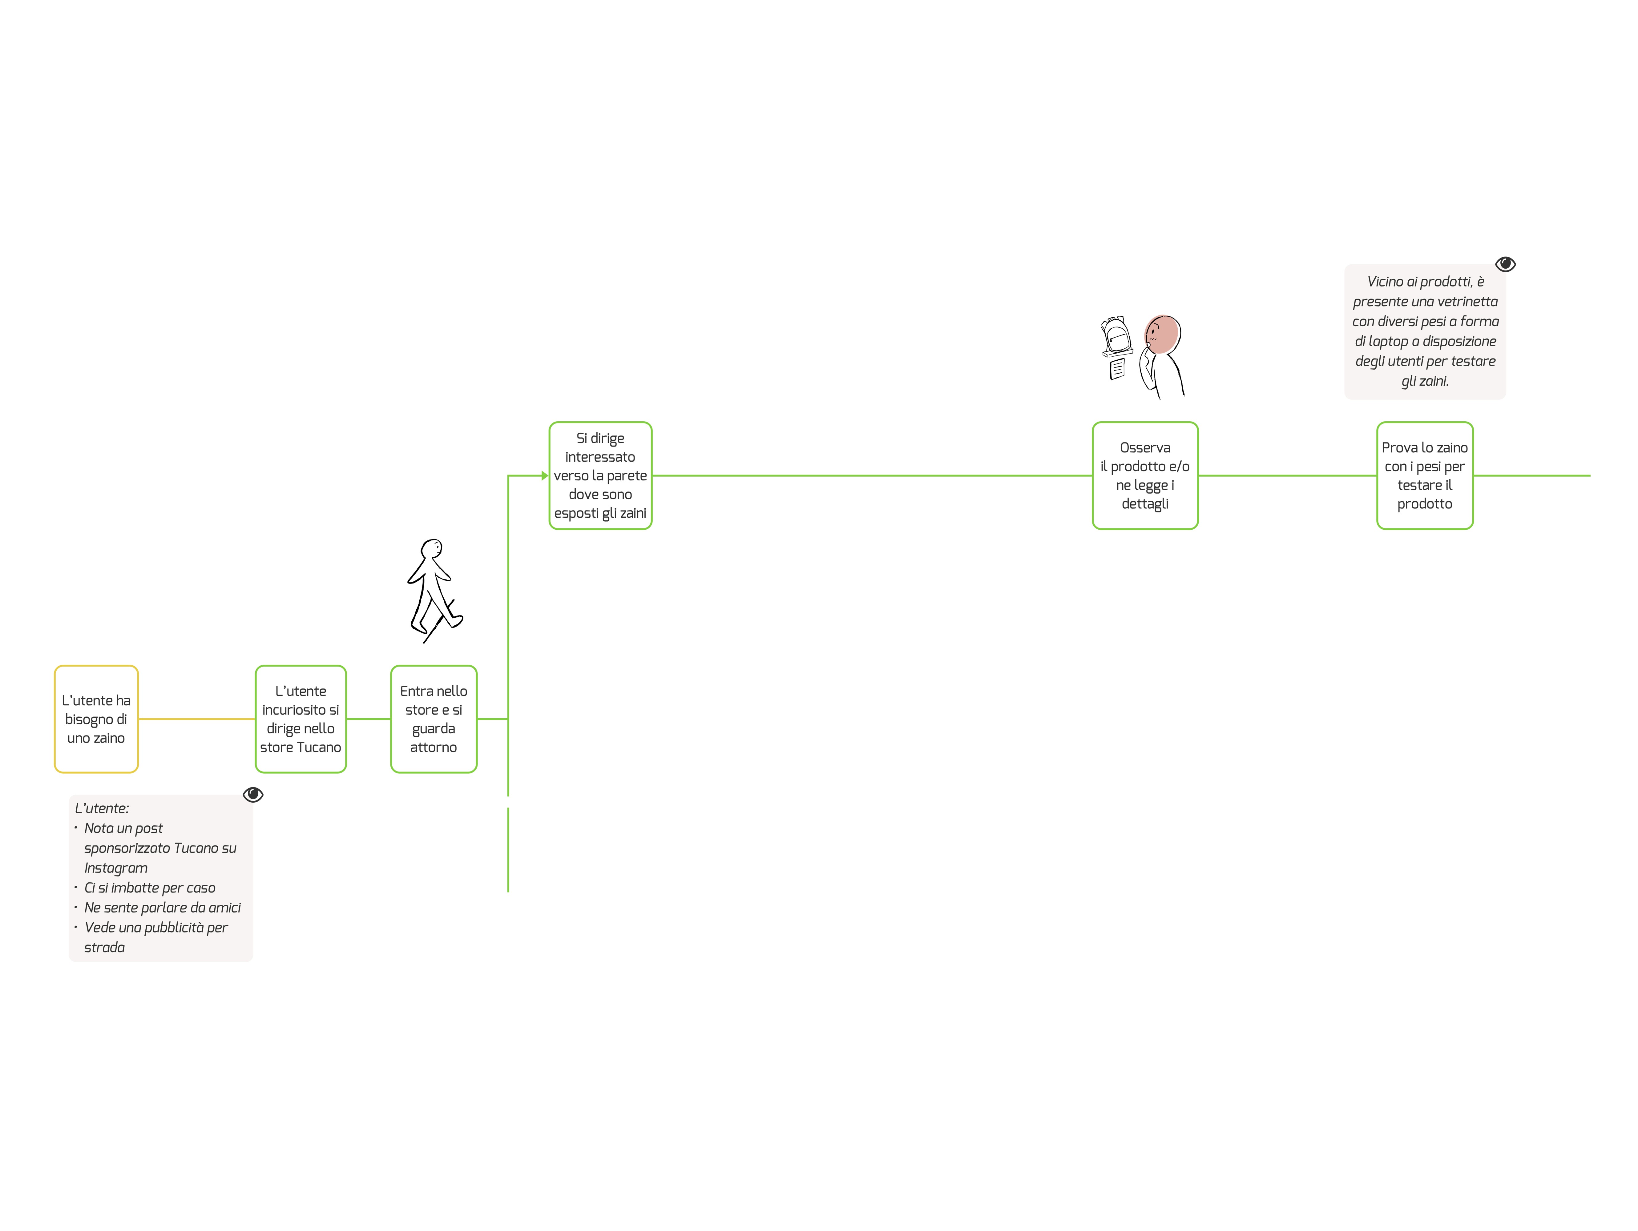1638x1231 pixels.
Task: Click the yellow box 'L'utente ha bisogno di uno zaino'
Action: tap(96, 719)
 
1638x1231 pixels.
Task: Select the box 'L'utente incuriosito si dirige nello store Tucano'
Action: tap(301, 719)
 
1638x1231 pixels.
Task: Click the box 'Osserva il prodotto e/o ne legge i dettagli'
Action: tap(1145, 475)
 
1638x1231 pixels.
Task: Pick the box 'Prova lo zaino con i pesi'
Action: tap(1425, 475)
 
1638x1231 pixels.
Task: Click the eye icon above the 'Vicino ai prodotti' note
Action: tap(1505, 264)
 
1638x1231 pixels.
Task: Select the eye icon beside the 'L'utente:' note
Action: tap(253, 794)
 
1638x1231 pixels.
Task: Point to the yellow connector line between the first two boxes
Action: tap(196, 719)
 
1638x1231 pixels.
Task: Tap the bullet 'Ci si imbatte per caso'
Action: tap(150, 888)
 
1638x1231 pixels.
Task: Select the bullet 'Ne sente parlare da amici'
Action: tap(162, 908)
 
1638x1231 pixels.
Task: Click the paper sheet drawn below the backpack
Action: tap(1117, 368)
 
